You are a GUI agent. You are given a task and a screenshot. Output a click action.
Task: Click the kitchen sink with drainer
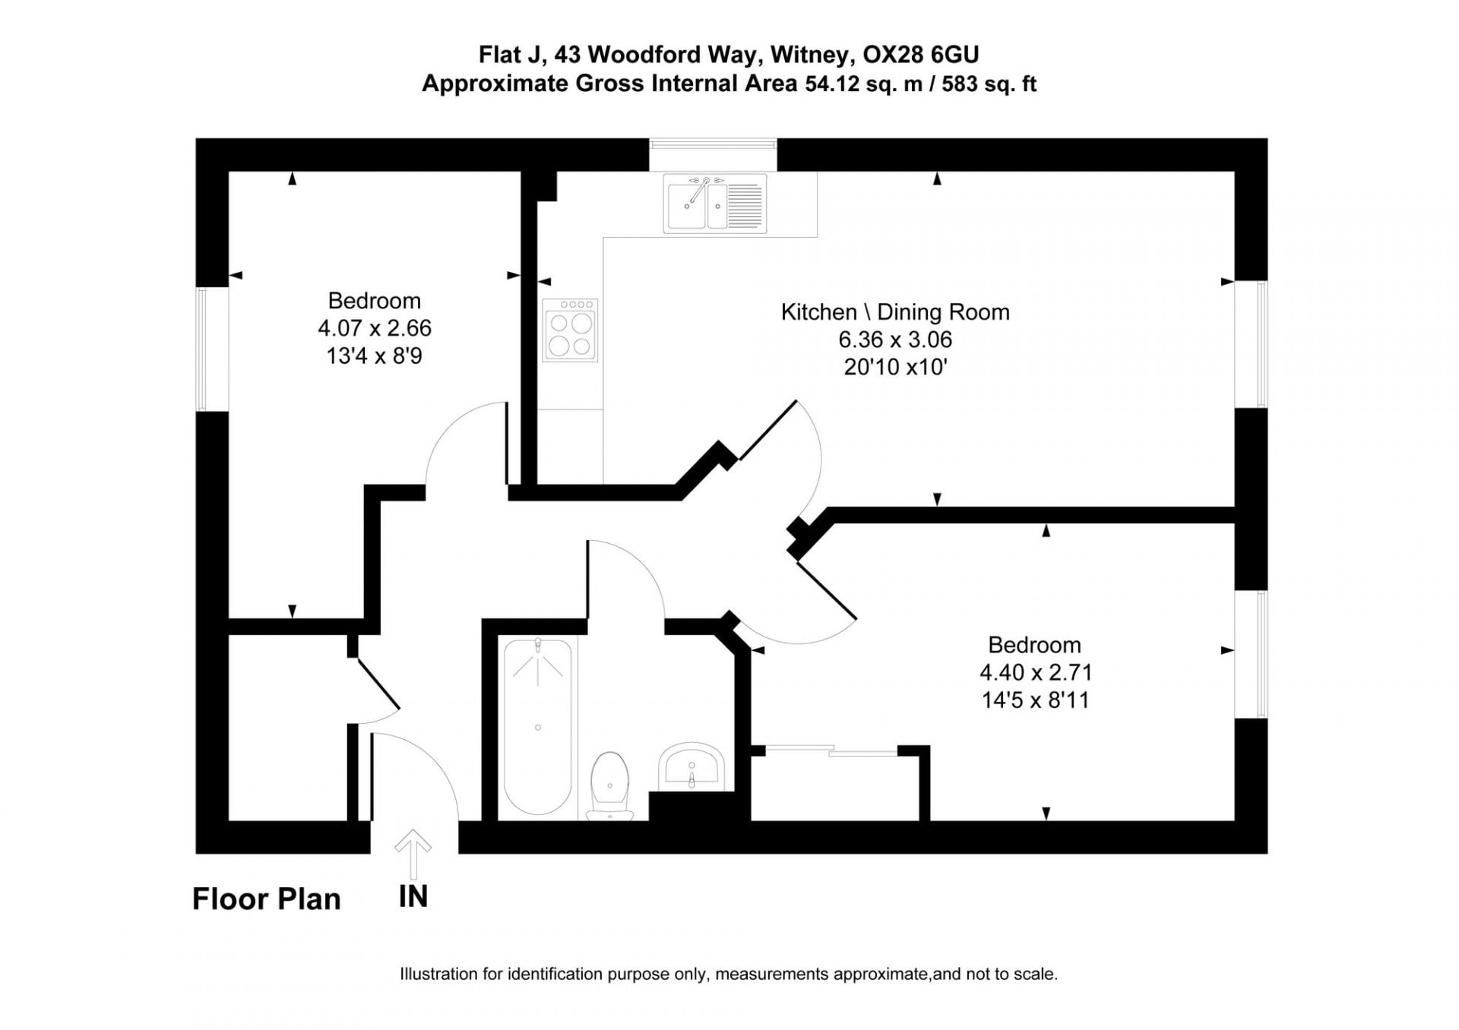coord(714,204)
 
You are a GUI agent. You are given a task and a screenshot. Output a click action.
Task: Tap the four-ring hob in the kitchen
coord(570,330)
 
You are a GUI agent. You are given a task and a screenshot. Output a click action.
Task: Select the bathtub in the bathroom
coord(538,727)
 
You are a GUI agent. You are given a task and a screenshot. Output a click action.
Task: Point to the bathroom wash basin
coord(692,766)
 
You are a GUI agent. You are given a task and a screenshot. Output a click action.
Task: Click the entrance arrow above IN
coord(413,853)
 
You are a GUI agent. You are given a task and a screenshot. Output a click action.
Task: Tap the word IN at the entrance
coord(413,897)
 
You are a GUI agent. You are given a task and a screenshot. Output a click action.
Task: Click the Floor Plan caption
coord(266,899)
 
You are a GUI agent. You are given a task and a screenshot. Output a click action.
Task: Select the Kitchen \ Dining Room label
coord(895,312)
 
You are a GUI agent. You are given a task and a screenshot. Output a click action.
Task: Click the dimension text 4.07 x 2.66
coord(375,328)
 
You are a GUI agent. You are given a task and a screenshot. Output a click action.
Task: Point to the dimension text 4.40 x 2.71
coord(1035,672)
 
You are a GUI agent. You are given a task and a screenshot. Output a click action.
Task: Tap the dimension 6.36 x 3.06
coord(895,340)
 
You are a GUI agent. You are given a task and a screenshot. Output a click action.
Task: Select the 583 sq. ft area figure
coord(989,84)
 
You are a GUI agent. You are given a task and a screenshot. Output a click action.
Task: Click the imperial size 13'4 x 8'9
coord(375,355)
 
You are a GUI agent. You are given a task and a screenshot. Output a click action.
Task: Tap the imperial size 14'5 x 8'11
coord(1035,700)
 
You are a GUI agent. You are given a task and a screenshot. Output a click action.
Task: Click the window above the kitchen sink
coord(713,144)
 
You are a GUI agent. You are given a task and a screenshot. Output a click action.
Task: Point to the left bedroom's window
coord(201,349)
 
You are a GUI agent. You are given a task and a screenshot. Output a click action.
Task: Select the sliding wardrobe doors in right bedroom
coord(832,750)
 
